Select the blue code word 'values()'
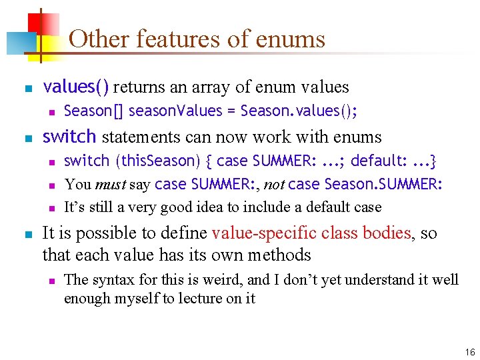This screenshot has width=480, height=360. coord(77,87)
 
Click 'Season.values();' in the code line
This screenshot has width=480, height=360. coord(299,111)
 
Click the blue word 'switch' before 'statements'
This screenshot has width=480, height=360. coord(69,137)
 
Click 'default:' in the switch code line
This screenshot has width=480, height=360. coord(377,161)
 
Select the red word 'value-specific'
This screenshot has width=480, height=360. coord(264,233)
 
